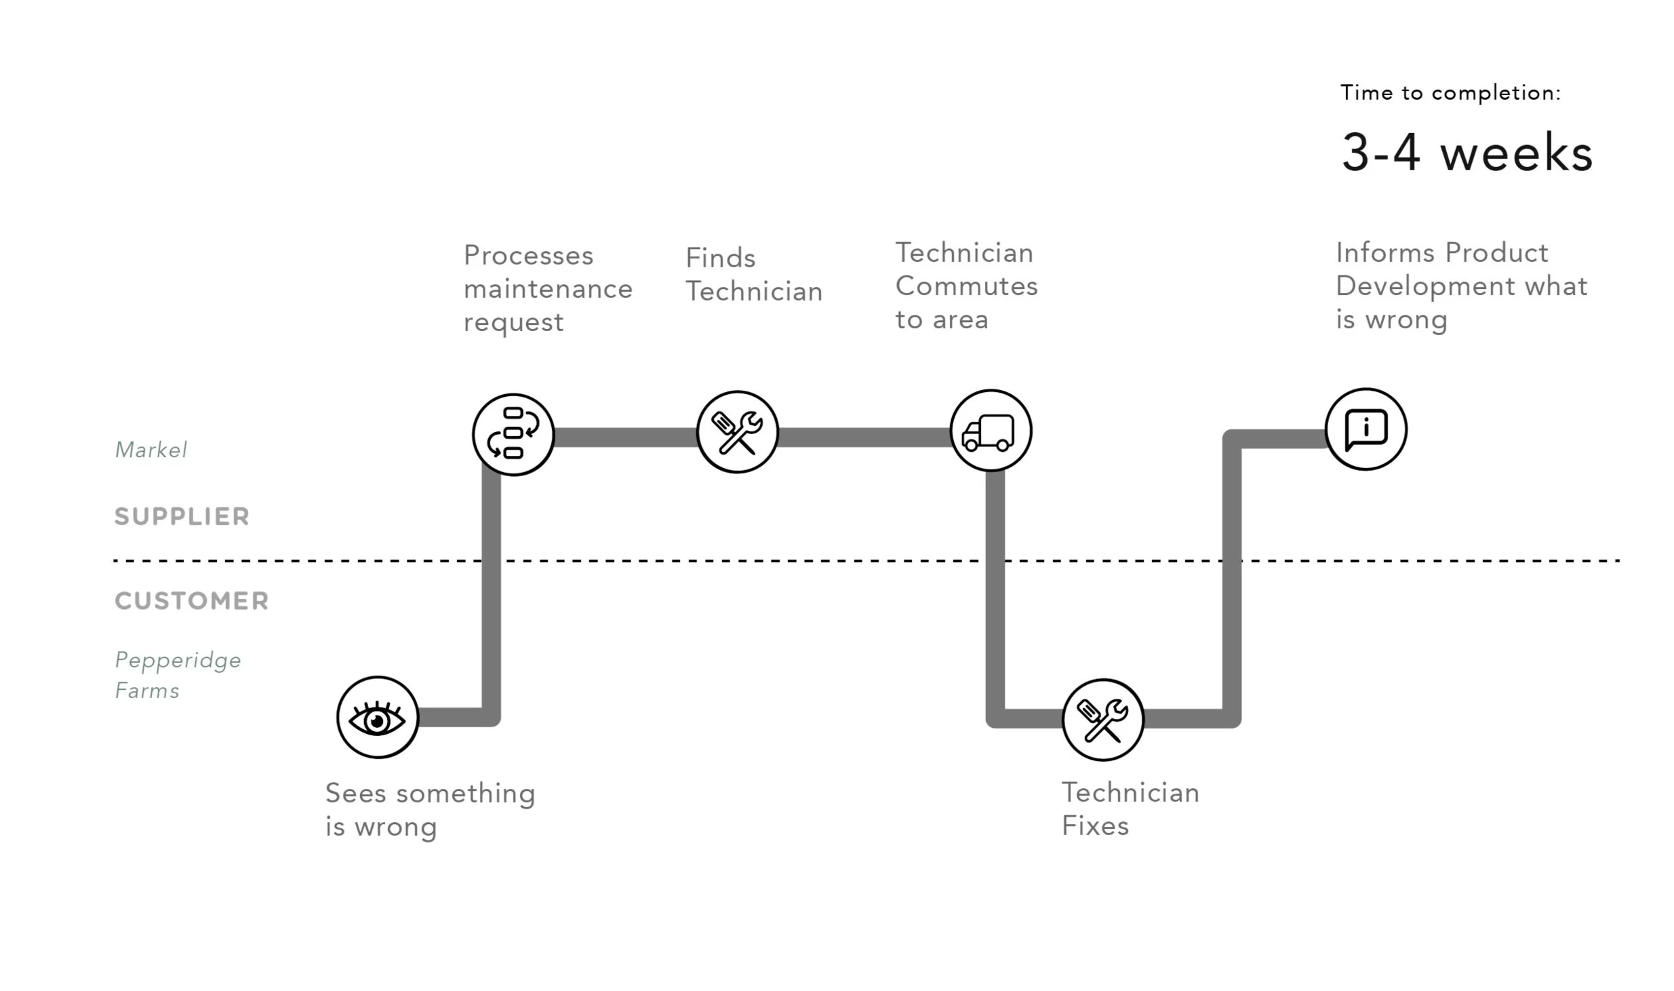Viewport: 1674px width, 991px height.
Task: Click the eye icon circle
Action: (x=378, y=717)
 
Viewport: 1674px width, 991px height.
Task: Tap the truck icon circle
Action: (x=991, y=431)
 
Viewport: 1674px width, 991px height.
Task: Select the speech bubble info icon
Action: (x=1366, y=429)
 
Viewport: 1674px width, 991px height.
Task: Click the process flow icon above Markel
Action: (x=513, y=434)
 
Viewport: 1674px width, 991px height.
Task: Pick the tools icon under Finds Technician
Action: (x=737, y=432)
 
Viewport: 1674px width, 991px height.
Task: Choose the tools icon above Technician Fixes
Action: (x=1102, y=720)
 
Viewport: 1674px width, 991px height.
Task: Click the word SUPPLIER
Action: (x=182, y=517)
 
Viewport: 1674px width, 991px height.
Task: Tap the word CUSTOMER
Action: (x=192, y=601)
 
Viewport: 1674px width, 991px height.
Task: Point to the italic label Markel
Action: (x=151, y=450)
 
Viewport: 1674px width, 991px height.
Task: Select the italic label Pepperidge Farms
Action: (x=178, y=675)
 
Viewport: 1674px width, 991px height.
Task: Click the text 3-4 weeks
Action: (x=1467, y=153)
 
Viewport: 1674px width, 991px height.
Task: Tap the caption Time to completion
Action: (x=1450, y=93)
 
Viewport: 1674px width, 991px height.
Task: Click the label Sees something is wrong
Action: (x=430, y=810)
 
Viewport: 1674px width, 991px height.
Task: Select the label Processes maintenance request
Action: (x=547, y=289)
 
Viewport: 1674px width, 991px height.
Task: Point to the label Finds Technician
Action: (x=753, y=275)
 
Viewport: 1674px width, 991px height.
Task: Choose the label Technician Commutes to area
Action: (x=966, y=286)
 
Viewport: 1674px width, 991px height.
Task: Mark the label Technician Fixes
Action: (x=1130, y=809)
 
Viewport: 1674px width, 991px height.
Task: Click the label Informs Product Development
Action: (x=1461, y=286)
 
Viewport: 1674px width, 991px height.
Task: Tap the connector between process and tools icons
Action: (x=625, y=438)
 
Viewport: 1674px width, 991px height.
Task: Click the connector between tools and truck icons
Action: (x=864, y=438)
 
